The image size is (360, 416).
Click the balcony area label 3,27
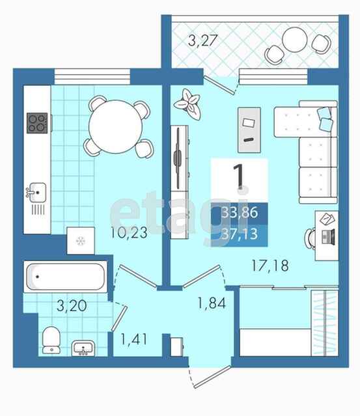coord(202,40)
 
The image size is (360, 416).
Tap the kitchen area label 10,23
coord(129,232)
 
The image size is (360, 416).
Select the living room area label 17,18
coord(270,266)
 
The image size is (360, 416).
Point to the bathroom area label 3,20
coord(72,305)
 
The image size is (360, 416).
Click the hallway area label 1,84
coord(212,303)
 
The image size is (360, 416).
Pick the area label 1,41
coord(133,339)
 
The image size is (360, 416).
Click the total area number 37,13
coord(240,234)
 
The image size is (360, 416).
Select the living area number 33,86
coord(240,212)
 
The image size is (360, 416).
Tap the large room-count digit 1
coord(238,175)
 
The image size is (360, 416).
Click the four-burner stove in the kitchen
coord(37,123)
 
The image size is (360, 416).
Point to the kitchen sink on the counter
coord(37,191)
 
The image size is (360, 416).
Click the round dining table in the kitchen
coord(115,126)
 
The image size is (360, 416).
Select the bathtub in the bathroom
coord(65,277)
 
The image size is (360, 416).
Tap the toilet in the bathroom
coord(51,340)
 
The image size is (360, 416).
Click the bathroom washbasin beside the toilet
coord(83,348)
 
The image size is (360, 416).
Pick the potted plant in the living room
coord(187,104)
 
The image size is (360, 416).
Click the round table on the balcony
coord(295,40)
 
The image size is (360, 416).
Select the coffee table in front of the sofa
coord(249,130)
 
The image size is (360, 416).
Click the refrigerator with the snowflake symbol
coord(80,241)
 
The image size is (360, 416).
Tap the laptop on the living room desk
coord(328,236)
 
